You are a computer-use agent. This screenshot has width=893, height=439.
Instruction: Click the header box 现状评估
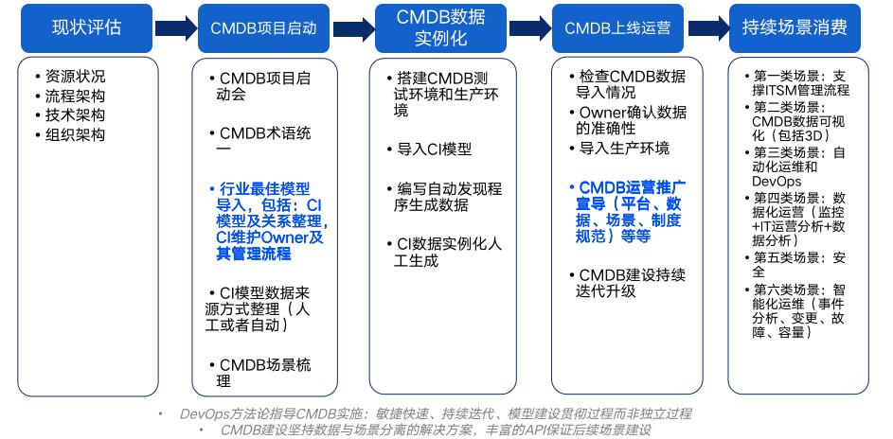click(x=87, y=26)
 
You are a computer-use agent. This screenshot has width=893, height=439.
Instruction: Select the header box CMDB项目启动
click(x=264, y=26)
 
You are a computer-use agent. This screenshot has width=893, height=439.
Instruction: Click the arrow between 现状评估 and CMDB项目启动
click(x=176, y=26)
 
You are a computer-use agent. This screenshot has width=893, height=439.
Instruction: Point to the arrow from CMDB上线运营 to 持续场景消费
click(x=706, y=26)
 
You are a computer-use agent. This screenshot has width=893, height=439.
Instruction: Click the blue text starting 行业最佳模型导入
click(x=268, y=221)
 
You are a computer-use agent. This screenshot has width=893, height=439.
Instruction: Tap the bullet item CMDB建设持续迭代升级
click(x=632, y=282)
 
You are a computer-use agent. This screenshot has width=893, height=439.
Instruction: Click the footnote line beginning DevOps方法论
click(x=436, y=413)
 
